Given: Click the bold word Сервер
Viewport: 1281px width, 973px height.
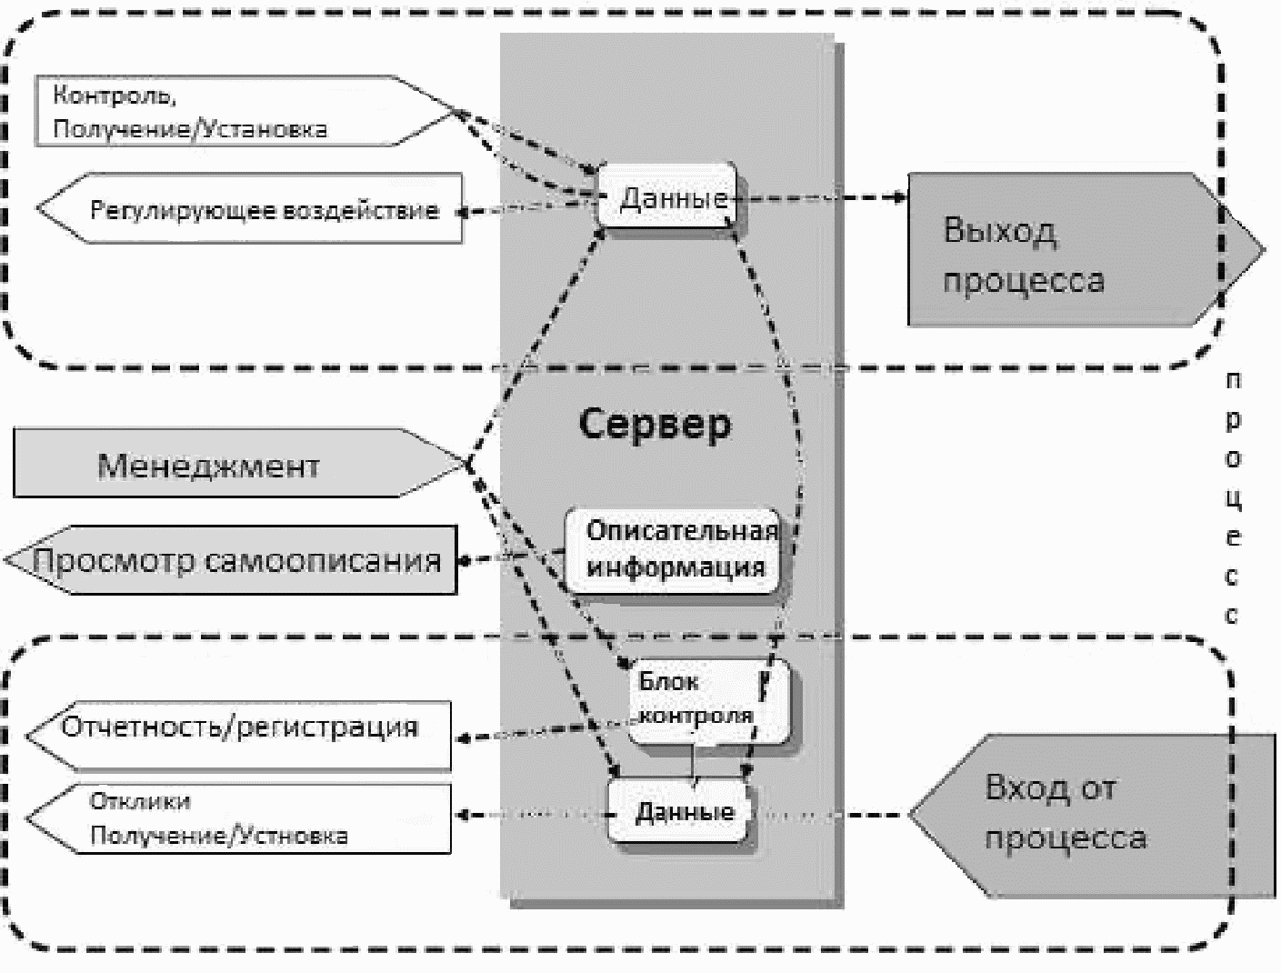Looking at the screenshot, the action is coord(655,425).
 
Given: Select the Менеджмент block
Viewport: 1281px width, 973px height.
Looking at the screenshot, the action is coord(239,464).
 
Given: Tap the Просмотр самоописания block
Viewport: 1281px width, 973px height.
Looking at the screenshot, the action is coord(231,560).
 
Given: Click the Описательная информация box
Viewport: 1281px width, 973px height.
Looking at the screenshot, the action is coord(674,550).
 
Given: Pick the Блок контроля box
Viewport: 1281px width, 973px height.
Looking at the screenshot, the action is coord(709,701).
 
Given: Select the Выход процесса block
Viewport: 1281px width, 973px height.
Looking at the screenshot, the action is coord(1086,249).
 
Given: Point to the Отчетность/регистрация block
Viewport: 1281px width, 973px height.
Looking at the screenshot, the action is coord(239,736).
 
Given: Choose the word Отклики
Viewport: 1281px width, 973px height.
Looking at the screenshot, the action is coord(140,801).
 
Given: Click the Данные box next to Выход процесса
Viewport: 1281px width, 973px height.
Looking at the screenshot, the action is coord(667,196).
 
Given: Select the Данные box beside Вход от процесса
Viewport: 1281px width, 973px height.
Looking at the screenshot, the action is coord(679,810).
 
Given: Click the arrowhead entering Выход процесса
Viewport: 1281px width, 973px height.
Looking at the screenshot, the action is coord(899,197).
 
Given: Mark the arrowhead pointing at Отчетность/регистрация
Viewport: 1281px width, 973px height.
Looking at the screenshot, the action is coord(462,738).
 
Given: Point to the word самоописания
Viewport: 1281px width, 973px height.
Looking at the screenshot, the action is coord(323,561).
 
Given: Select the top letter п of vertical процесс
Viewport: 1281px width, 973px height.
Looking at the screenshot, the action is coord(1233,381).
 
